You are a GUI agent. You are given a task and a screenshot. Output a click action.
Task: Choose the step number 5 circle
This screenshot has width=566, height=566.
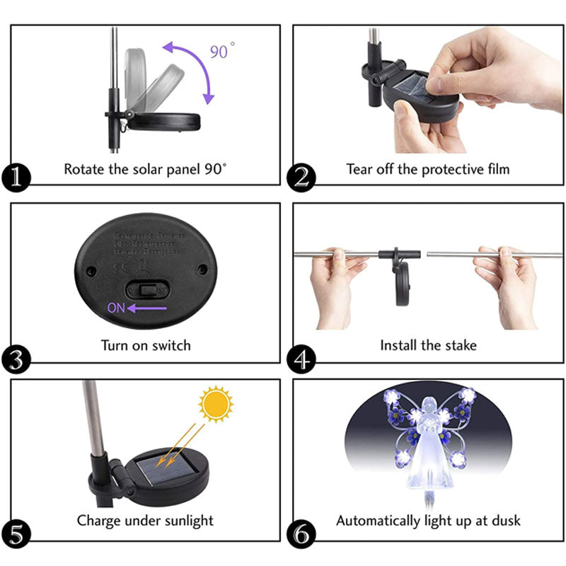click(16, 534)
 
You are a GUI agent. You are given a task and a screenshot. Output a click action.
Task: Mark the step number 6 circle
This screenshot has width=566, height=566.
click(301, 534)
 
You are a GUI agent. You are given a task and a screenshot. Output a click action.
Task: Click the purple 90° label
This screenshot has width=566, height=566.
click(222, 51)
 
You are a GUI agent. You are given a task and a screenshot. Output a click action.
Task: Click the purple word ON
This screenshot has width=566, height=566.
click(116, 308)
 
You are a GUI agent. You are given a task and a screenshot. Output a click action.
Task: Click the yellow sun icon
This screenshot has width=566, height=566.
click(216, 405)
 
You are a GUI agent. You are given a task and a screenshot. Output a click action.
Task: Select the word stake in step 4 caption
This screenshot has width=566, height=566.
click(459, 345)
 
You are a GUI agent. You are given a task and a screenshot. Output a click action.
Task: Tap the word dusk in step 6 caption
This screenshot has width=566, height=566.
click(504, 521)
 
